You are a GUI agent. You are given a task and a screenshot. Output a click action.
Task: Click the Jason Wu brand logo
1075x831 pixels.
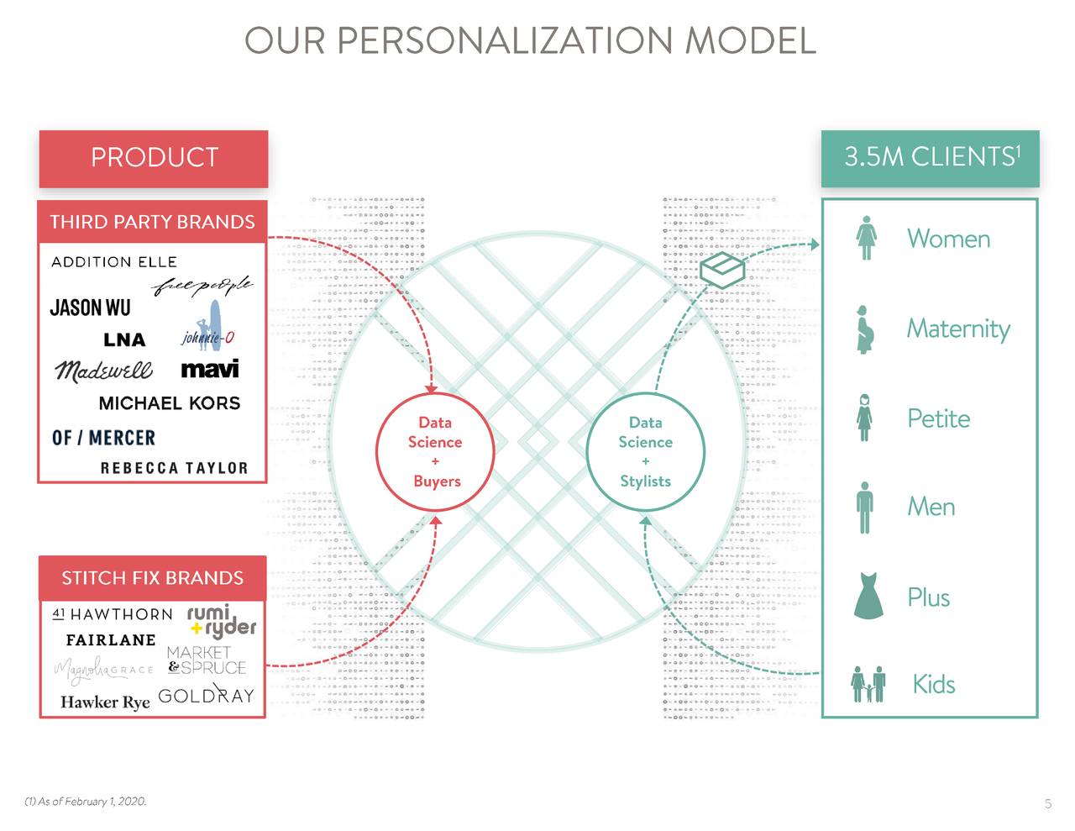click(90, 308)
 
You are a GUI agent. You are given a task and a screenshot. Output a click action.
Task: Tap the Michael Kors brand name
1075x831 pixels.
click(169, 403)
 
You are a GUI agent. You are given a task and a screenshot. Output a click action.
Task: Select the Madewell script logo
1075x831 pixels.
click(103, 370)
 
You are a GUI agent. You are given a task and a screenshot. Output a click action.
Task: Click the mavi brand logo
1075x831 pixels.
click(209, 369)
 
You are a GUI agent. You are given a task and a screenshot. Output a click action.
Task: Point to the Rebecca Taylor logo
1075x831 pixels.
click(174, 468)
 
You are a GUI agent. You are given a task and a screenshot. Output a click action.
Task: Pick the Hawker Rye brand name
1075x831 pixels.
click(105, 702)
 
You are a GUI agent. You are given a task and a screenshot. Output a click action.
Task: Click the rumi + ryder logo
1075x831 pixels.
click(221, 620)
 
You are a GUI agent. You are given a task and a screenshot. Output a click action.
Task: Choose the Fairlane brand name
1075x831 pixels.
click(111, 640)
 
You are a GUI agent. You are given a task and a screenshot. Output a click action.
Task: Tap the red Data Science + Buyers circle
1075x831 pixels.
click(435, 451)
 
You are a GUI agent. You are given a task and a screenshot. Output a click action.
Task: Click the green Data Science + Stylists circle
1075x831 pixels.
click(645, 451)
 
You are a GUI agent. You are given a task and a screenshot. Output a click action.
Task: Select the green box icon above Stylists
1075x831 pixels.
click(722, 268)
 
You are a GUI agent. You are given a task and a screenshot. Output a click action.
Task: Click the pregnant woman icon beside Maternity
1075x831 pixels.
click(865, 329)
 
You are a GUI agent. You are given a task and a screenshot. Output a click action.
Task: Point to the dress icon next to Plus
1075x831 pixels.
click(868, 596)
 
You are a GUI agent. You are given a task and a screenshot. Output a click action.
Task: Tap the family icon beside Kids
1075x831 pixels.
click(868, 684)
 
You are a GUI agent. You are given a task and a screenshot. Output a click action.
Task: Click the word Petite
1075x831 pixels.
click(938, 418)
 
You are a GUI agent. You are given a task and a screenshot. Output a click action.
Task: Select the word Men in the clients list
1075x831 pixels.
click(931, 507)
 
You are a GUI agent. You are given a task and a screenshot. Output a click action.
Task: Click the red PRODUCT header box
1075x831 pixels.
click(154, 158)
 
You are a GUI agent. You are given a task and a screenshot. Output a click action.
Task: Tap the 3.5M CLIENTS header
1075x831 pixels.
click(930, 158)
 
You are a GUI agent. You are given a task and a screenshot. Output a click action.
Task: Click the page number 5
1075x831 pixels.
click(1047, 804)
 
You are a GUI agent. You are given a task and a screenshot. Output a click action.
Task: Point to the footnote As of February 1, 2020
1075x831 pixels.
click(86, 802)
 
